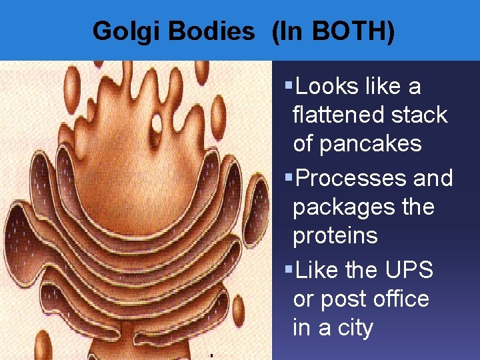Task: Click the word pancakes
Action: (357, 143)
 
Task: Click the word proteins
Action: (335, 235)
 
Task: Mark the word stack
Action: (417, 115)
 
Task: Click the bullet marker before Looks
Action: (288, 86)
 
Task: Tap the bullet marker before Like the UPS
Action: (288, 270)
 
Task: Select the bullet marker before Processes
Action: (288, 178)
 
